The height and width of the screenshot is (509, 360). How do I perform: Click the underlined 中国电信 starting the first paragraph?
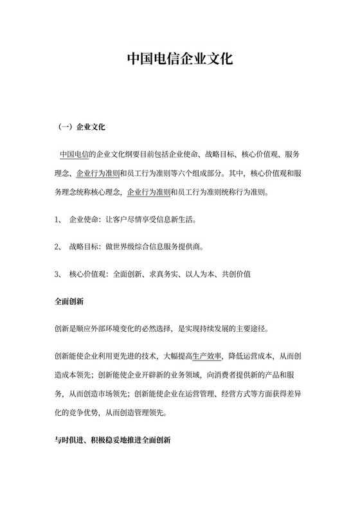(74, 155)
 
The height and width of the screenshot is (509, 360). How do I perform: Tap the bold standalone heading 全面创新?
(69, 301)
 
